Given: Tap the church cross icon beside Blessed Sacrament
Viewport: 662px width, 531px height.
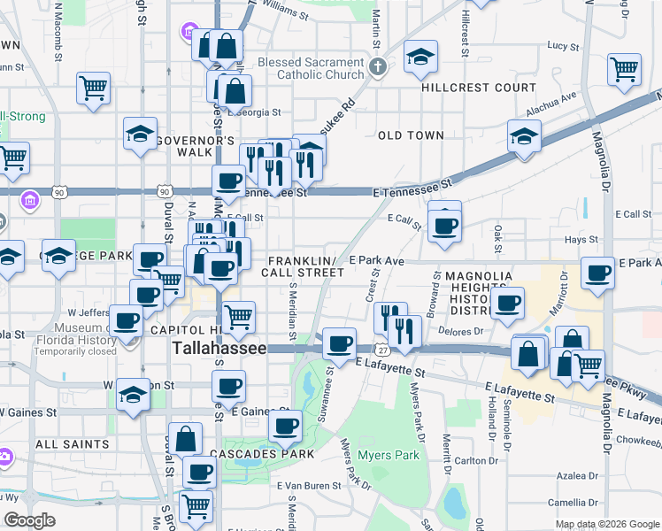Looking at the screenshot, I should coord(378,67).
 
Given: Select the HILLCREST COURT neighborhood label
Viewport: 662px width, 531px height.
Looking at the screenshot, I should coord(478,88).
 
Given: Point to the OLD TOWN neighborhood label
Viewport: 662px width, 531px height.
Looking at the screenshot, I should coord(411,135).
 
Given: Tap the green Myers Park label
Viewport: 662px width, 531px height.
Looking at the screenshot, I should coord(387,457).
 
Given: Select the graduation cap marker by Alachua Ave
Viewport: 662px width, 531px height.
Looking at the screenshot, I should coord(525,137).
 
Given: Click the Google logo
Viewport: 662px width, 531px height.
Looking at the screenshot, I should coord(28,519).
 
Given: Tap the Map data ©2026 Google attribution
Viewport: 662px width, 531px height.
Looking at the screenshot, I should coord(606,524).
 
